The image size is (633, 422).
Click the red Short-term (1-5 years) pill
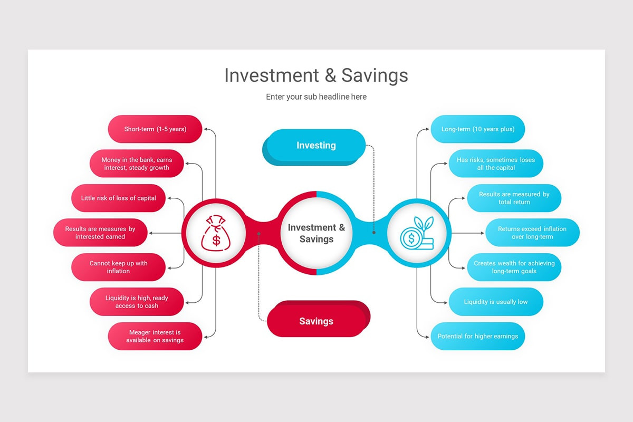click(x=155, y=129)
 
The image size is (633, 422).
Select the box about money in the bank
click(x=137, y=164)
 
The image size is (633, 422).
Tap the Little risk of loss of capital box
click(x=119, y=198)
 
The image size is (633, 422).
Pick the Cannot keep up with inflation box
click(x=119, y=267)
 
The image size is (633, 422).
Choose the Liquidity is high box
click(x=137, y=302)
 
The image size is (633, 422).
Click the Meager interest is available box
click(x=155, y=337)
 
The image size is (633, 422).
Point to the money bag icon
click(x=216, y=233)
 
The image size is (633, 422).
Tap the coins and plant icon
click(x=417, y=233)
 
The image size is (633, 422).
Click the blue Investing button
click(x=316, y=146)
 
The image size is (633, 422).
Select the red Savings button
click(x=316, y=321)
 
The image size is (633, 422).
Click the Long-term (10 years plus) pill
click(x=478, y=129)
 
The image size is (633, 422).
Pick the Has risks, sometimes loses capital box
click(x=496, y=164)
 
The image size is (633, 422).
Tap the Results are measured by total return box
click(x=514, y=198)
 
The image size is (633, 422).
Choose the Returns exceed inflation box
click(x=532, y=233)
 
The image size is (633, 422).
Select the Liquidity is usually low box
click(x=496, y=302)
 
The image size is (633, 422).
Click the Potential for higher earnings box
click(x=478, y=337)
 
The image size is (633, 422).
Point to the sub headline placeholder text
click(x=316, y=97)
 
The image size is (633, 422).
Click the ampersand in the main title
click(x=330, y=75)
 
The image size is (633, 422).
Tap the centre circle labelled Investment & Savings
click(x=316, y=233)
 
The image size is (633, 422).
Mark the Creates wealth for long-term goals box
click(x=514, y=267)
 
